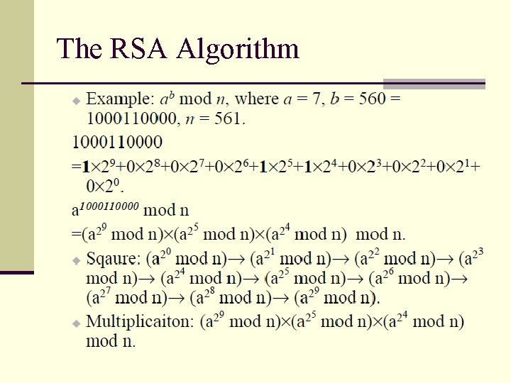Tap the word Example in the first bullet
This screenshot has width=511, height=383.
click(118, 99)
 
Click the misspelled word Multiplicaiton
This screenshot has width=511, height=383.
click(140, 321)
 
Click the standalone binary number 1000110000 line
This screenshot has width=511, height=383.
click(117, 142)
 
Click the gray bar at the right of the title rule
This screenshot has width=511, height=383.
click(434, 83)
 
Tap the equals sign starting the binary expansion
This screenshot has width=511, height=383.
click(76, 167)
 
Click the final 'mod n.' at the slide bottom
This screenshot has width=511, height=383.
click(111, 340)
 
